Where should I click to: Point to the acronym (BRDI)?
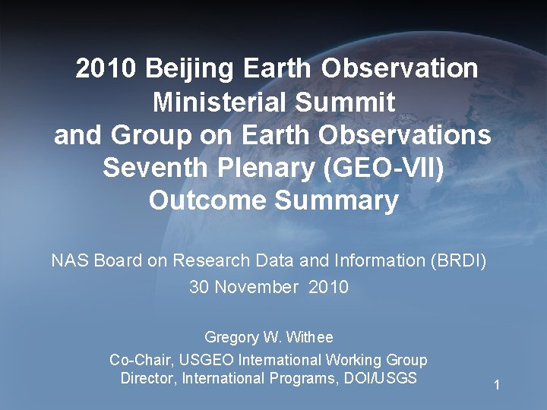point(458,261)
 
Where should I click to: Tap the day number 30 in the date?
point(199,288)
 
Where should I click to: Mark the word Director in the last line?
point(147,378)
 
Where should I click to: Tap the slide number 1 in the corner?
point(496,386)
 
